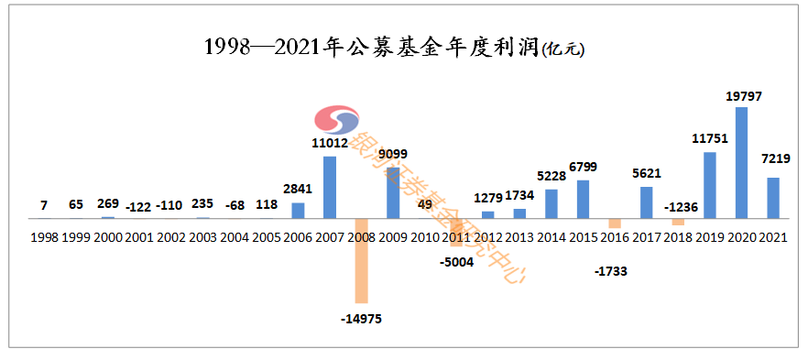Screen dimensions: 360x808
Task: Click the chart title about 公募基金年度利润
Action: (394, 47)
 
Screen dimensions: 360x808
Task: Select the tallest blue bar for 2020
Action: (741, 163)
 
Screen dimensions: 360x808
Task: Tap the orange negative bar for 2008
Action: (360, 260)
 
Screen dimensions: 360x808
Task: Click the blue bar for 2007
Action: (329, 187)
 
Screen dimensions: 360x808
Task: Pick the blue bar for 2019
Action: (710, 185)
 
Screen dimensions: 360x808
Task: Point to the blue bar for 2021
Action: (772, 198)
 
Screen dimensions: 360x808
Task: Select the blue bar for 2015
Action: (583, 199)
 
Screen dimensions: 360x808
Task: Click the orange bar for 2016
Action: (615, 224)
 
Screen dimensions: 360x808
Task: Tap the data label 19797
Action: (743, 96)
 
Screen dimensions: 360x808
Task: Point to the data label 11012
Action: (329, 143)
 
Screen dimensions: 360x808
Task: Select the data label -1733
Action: (611, 271)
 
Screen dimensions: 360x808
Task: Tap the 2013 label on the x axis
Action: (519, 236)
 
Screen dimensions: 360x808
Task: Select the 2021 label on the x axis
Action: (772, 236)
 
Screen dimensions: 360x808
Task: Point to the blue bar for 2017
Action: (646, 202)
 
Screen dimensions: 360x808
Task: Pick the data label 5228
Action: (551, 176)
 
